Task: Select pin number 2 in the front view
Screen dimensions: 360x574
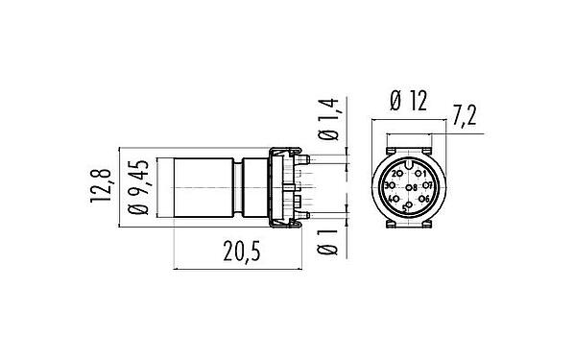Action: pyautogui.click(x=398, y=174)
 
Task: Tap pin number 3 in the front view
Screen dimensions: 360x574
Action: pyautogui.click(x=390, y=186)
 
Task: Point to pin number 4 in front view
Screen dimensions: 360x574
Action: pyautogui.click(x=394, y=200)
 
